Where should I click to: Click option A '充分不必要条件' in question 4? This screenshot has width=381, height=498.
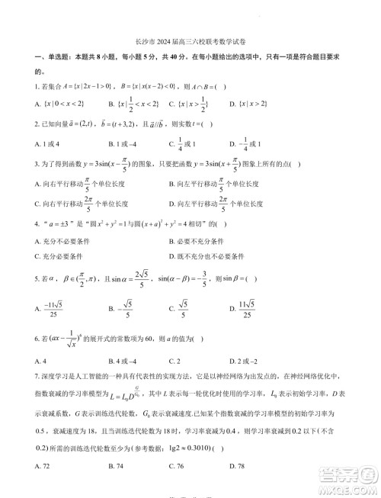tap(64, 242)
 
